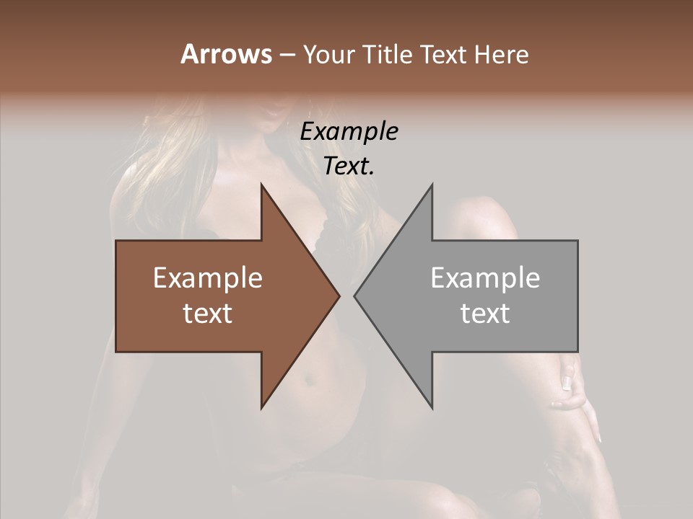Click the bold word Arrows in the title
click(225, 54)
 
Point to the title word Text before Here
click(445, 55)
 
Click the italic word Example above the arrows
click(349, 131)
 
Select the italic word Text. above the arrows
click(349, 167)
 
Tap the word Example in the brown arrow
click(208, 278)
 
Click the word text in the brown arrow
click(208, 314)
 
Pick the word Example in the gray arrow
click(485, 278)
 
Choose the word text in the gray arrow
click(485, 314)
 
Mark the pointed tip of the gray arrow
click(354, 296)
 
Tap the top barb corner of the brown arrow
click(261, 185)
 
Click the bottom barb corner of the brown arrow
click(261, 408)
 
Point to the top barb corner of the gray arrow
click(432, 185)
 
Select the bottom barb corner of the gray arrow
click(432, 408)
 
